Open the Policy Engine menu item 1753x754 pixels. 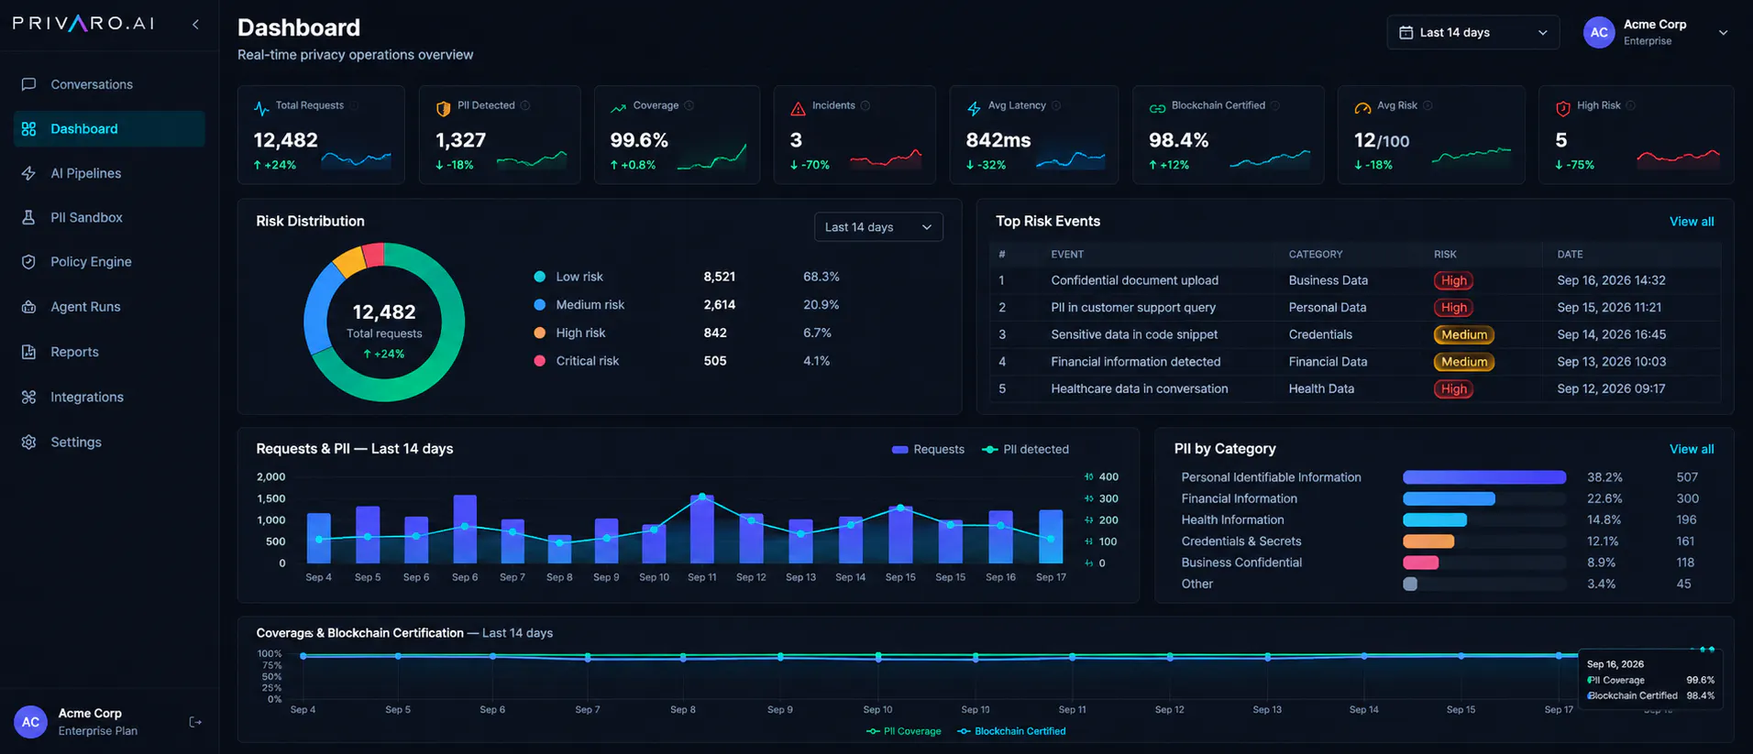tap(91, 262)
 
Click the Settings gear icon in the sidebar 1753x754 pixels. tap(28, 443)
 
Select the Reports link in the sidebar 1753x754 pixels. tap(74, 352)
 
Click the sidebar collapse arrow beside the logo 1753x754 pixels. tap(195, 25)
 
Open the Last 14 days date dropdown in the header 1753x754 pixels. tap(1472, 33)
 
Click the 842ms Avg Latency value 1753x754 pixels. tap(998, 140)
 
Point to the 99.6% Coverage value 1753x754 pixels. tap(639, 140)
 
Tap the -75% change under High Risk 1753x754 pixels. tap(1575, 165)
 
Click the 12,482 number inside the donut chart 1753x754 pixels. tap(384, 312)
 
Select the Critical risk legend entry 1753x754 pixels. tap(577, 361)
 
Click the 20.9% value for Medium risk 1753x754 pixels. tap(821, 305)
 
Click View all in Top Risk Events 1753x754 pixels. tap(1692, 222)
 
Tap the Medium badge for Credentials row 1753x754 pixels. tap(1464, 335)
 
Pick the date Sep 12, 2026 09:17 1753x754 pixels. tap(1611, 389)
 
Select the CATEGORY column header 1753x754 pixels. tap(1316, 255)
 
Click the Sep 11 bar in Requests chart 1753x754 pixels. tap(702, 530)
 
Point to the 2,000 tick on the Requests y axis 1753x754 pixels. tap(271, 477)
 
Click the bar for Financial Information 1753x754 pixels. tap(1449, 499)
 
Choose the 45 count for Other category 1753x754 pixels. tap(1684, 585)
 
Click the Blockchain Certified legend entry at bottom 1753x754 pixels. tap(1011, 732)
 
